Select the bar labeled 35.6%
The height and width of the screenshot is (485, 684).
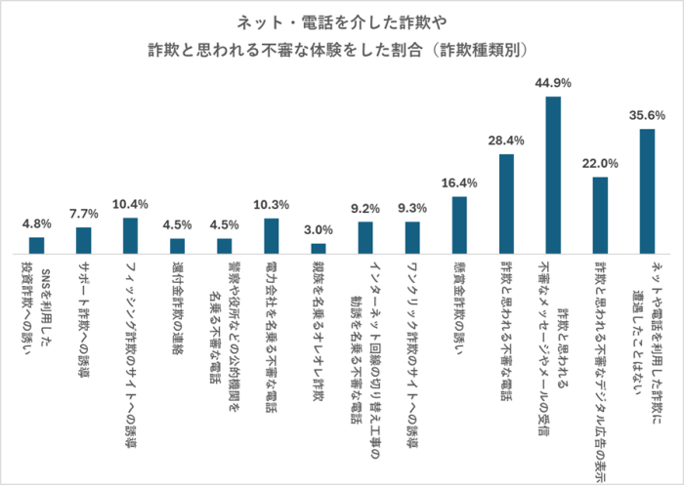[646, 190]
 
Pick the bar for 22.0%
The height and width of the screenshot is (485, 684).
[600, 215]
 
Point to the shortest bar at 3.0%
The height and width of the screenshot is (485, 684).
[319, 248]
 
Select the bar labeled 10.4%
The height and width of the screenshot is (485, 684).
[131, 235]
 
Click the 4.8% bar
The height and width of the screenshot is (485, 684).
[37, 245]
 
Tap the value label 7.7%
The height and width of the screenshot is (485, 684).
[84, 213]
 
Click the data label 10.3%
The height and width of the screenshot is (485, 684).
[271, 205]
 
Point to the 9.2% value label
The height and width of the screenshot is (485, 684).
[364, 208]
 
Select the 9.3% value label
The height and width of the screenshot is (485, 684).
[411, 208]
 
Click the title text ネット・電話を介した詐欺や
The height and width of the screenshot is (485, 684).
[341, 21]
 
